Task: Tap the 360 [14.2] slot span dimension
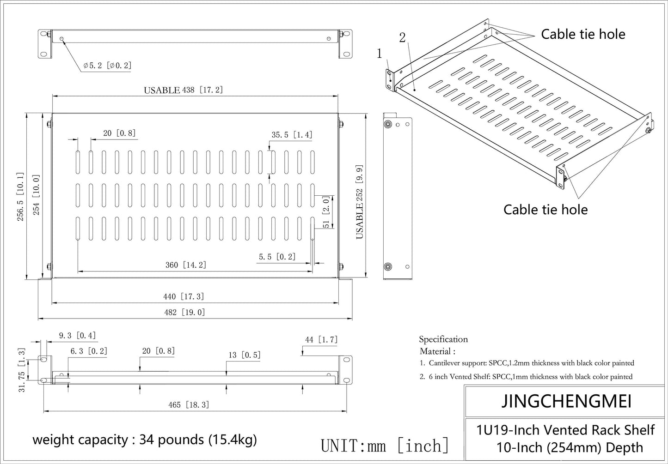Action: [186, 265]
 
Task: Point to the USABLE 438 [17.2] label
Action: [183, 90]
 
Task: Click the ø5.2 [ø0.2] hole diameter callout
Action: [107, 66]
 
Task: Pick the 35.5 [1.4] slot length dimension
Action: [292, 135]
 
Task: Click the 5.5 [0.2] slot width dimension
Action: [277, 257]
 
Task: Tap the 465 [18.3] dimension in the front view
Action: [189, 405]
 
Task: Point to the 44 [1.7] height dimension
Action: [321, 340]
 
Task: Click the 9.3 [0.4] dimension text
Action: [78, 336]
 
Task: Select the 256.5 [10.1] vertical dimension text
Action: [21, 197]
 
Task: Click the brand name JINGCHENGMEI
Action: [566, 401]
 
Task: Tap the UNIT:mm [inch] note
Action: [385, 446]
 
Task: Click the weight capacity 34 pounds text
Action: [144, 440]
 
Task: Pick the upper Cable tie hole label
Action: [583, 34]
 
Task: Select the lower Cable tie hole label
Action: [545, 210]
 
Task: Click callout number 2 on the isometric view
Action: [402, 38]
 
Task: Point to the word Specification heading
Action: [443, 339]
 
